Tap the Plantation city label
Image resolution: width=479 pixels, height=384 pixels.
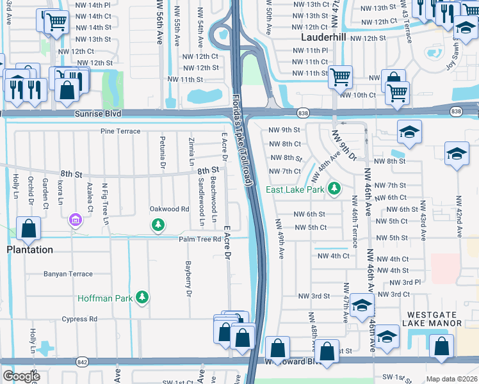(x=30, y=250)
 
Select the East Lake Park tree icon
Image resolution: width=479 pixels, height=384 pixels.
(x=334, y=189)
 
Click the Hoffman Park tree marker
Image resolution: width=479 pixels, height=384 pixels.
(x=143, y=297)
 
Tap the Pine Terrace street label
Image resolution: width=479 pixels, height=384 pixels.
(x=120, y=131)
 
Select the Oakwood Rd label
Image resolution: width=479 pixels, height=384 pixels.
(x=169, y=209)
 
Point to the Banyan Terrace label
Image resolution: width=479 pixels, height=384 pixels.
(x=68, y=274)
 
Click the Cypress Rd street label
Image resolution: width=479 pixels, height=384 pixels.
(x=79, y=319)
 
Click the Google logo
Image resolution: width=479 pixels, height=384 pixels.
(x=21, y=376)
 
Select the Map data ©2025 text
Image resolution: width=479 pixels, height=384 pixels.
(x=451, y=379)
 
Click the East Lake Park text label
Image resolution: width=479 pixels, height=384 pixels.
(x=296, y=189)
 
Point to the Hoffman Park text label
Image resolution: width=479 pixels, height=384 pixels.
(x=106, y=298)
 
